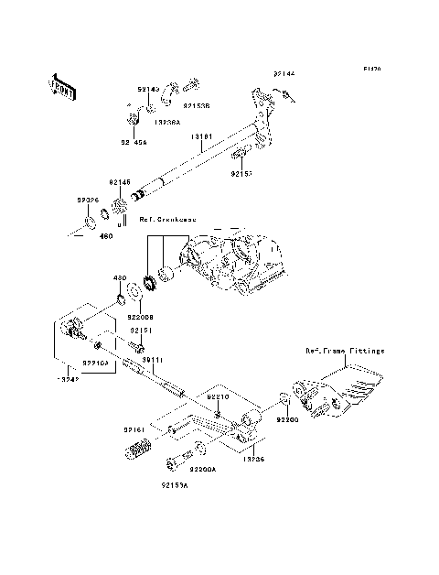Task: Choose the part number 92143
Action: [x=149, y=89]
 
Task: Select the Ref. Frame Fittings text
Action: [x=346, y=351]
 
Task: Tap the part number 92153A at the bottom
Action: [x=176, y=486]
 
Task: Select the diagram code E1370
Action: [x=370, y=68]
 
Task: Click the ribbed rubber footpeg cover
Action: [x=138, y=450]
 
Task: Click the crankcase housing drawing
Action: [x=233, y=266]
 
